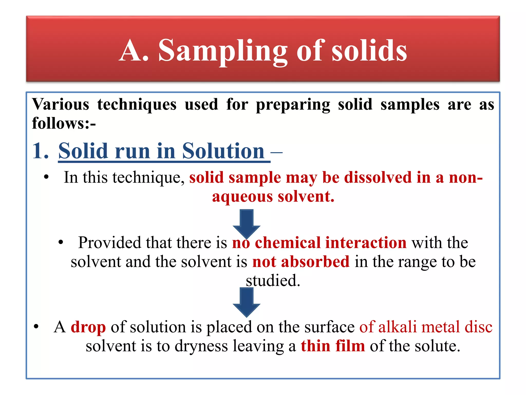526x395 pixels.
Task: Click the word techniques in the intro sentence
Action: point(137,105)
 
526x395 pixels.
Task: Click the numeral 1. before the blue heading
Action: point(40,151)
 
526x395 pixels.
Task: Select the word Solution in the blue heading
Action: point(223,151)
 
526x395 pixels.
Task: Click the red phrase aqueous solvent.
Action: point(273,197)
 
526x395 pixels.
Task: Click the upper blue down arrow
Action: point(246,222)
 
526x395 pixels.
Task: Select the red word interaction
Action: point(366,243)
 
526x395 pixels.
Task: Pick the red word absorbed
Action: point(315,262)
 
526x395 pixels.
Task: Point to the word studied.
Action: point(273,281)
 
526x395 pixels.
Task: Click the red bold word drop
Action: point(88,327)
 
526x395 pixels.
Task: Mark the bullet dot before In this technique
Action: point(46,177)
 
